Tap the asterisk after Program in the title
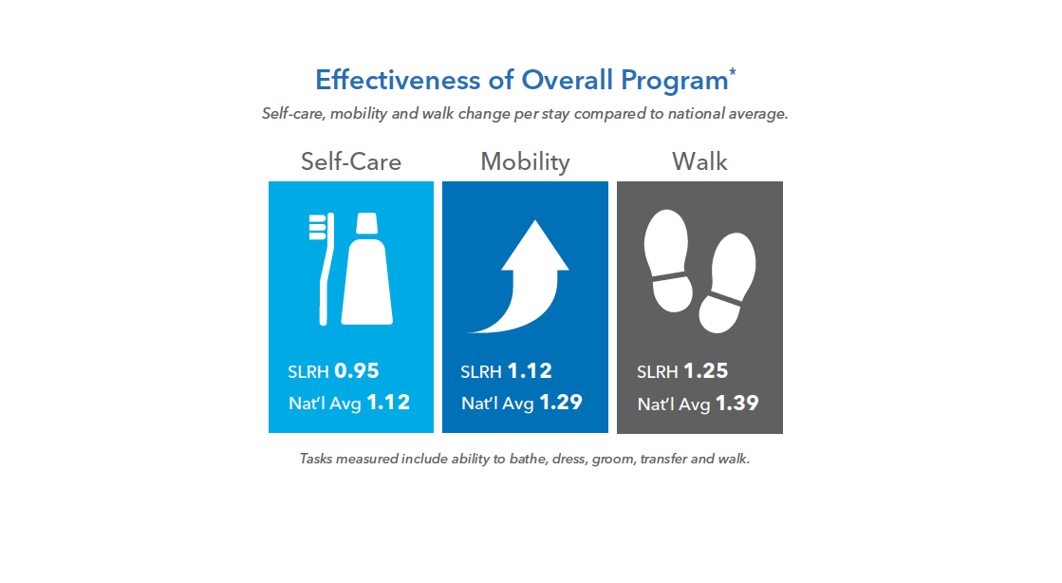coord(732,72)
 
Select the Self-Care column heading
coord(351,161)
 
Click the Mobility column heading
coord(525,161)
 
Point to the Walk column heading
coord(699,161)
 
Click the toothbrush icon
coord(323,266)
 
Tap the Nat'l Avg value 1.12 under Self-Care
coord(388,403)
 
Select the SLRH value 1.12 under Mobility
coord(530,371)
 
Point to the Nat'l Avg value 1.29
coord(561,403)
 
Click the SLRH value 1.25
coord(707,371)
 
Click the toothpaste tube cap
coord(366,224)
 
